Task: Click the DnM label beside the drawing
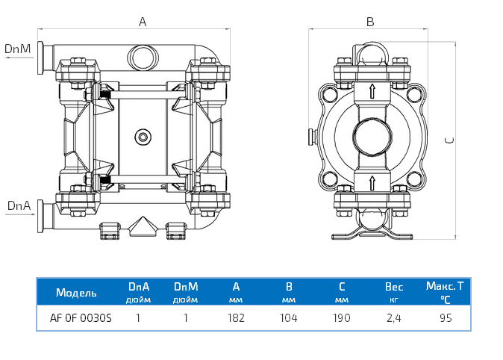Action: pyautogui.click(x=17, y=49)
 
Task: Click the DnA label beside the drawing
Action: pyautogui.click(x=18, y=205)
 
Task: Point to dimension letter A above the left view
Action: pyautogui.click(x=143, y=22)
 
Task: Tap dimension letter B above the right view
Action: pyautogui.click(x=370, y=22)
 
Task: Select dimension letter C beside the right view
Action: pyautogui.click(x=447, y=140)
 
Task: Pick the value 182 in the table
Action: pyautogui.click(x=236, y=317)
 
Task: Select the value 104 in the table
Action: pyautogui.click(x=288, y=317)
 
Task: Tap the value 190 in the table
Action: pyautogui.click(x=341, y=317)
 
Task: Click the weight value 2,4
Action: pyautogui.click(x=393, y=317)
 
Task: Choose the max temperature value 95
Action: pyautogui.click(x=446, y=317)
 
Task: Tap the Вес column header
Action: pyautogui.click(x=393, y=287)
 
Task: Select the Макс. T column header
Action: pyautogui.click(x=445, y=286)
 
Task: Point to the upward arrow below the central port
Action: pyautogui.click(x=371, y=181)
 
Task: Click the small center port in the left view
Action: pyautogui.click(x=143, y=136)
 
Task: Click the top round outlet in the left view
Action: pyautogui.click(x=143, y=55)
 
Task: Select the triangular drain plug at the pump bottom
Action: pyautogui.click(x=142, y=225)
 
